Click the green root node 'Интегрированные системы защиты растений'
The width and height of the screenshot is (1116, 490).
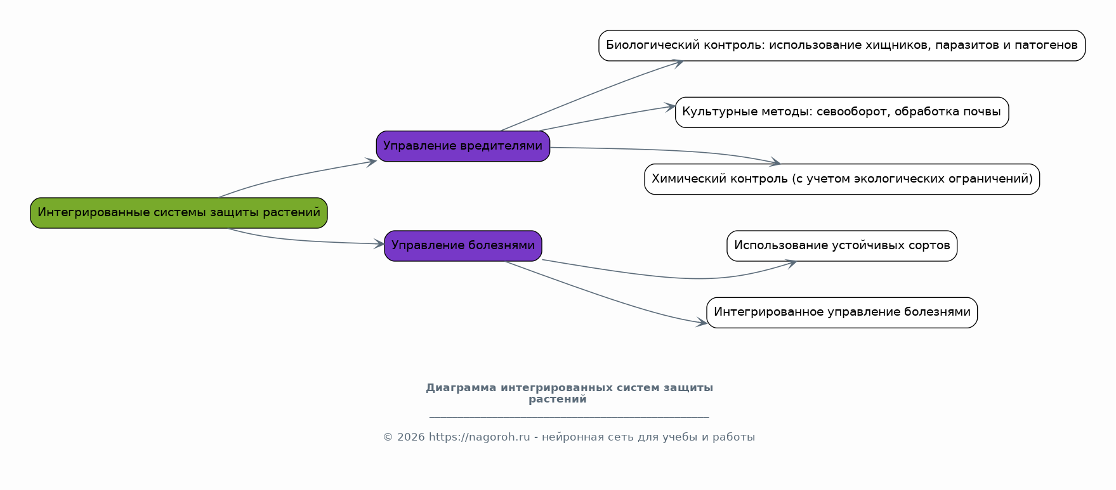179,213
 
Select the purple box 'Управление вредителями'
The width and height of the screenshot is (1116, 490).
463,146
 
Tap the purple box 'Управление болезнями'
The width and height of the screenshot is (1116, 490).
463,246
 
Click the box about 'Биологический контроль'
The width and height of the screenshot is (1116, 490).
842,46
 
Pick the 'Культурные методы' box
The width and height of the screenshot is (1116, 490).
842,112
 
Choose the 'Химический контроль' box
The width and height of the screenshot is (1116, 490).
842,179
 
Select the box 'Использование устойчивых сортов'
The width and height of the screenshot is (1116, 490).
842,246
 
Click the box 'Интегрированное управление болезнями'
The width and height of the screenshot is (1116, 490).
842,313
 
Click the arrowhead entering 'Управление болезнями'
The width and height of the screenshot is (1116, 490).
379,243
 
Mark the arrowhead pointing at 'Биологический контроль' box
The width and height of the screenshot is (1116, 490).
677,63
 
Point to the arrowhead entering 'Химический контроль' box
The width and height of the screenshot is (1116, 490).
774,163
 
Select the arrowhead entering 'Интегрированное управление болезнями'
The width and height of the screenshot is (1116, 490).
701,323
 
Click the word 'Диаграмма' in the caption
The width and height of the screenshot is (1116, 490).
461,388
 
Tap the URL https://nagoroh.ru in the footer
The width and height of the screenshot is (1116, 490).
479,437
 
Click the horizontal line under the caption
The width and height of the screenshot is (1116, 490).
569,417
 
